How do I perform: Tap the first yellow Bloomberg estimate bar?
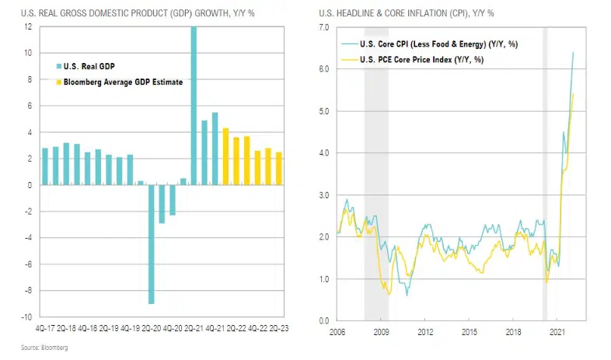(225, 156)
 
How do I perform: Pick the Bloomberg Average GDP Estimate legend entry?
(116, 82)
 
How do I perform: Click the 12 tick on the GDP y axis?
(28, 27)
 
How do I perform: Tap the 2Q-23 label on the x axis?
(279, 329)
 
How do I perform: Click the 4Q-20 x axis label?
(173, 329)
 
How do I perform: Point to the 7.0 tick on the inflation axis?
(323, 27)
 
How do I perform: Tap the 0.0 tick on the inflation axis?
(323, 320)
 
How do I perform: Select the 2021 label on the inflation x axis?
(557, 332)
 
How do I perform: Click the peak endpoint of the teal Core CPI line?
(574, 53)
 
